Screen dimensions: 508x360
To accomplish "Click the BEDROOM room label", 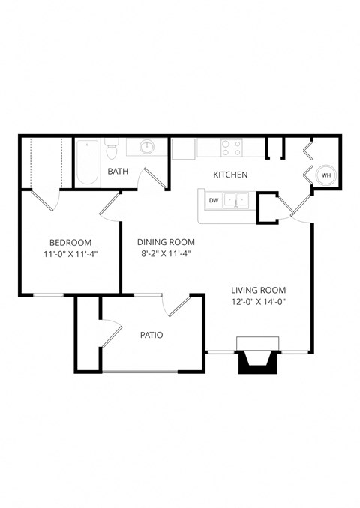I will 70,242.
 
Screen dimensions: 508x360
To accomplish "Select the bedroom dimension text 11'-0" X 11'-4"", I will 70,255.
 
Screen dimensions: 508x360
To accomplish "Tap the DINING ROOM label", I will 166,242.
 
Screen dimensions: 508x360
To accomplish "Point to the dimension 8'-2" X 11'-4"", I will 166,255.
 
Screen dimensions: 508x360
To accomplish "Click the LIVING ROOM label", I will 258,290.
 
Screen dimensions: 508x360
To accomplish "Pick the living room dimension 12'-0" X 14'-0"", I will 258,302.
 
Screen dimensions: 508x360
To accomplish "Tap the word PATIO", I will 151,335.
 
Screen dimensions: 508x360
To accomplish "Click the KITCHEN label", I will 230,175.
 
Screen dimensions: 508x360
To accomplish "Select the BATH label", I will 118,171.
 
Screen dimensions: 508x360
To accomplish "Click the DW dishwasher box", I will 214,200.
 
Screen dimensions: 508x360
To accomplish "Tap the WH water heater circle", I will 325,175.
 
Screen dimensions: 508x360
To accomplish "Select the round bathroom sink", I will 148,146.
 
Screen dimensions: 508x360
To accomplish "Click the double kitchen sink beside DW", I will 237,200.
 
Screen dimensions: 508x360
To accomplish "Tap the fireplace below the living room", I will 258,359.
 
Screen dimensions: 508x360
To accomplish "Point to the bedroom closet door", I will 45,201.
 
